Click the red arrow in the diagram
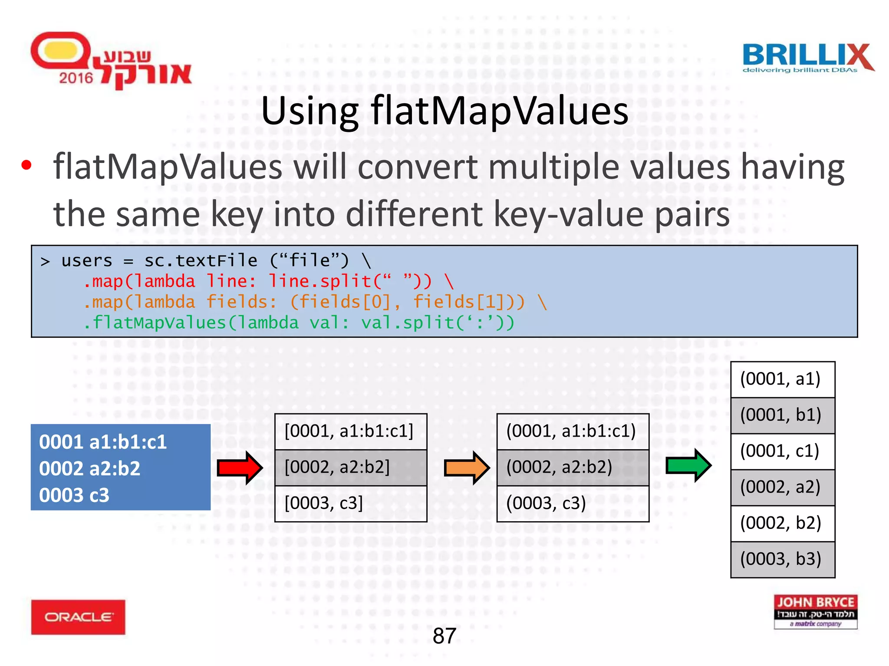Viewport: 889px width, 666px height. click(240, 467)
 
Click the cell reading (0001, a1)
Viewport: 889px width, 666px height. click(782, 379)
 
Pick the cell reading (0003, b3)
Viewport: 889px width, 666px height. click(782, 559)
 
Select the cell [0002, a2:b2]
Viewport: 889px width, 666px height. click(351, 467)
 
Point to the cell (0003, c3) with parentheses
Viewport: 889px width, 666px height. click(573, 503)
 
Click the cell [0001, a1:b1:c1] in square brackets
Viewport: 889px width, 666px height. click(351, 431)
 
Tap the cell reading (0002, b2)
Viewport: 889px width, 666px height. click(782, 523)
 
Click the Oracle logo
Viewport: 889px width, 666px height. click(78, 617)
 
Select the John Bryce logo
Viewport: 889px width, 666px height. click(815, 611)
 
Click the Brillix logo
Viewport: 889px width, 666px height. click(808, 59)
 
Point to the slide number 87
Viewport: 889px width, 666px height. click(444, 636)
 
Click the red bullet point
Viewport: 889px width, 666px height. click(26, 165)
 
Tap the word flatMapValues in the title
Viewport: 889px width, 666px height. click(499, 111)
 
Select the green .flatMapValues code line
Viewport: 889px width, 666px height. click(299, 323)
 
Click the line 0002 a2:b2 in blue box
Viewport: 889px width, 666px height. click(90, 469)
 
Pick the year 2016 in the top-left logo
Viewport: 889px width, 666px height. click(76, 78)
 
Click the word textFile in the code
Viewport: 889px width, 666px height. click(217, 261)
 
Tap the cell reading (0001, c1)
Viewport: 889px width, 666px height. click(782, 451)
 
